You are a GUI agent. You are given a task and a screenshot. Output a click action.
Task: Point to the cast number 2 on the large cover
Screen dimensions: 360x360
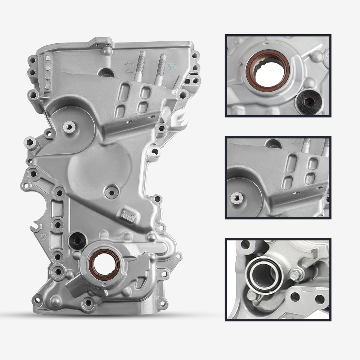click(x=128, y=67)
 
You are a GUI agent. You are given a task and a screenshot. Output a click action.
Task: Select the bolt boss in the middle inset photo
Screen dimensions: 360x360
click(x=235, y=197)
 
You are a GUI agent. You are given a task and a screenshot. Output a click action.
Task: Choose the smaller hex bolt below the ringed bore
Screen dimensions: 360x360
click(x=253, y=296)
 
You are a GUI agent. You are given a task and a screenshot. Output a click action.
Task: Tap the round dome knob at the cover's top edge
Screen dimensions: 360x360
click(x=108, y=50)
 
